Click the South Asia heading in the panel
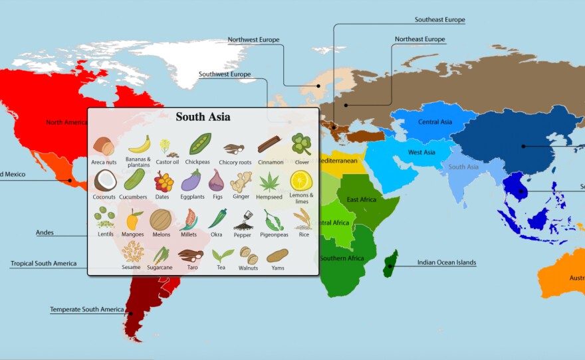(x=203, y=117)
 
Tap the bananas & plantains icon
(x=139, y=143)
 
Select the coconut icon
(x=104, y=180)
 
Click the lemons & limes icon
(x=301, y=180)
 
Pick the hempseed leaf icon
(x=269, y=181)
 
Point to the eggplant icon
(x=191, y=180)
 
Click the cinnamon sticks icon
(x=269, y=143)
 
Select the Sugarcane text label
(x=160, y=268)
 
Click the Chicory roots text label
(x=235, y=162)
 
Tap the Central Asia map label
(x=435, y=122)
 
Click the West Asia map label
(x=421, y=153)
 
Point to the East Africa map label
(x=361, y=199)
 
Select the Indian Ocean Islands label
(x=447, y=262)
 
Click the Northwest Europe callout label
(x=253, y=40)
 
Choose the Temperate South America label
(x=86, y=310)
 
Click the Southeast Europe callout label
(x=439, y=20)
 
